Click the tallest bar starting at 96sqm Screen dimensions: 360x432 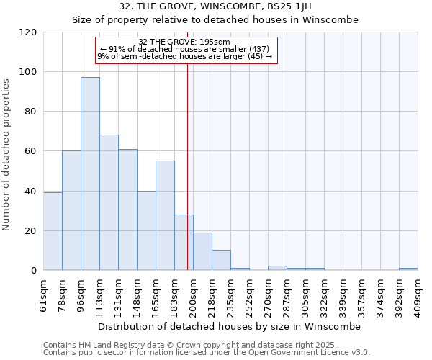(x=90, y=174)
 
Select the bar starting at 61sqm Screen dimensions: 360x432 (x=53, y=231)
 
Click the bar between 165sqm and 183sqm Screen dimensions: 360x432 (x=165, y=215)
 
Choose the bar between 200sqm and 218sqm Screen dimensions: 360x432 (x=202, y=251)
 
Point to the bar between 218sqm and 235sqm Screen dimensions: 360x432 (x=221, y=260)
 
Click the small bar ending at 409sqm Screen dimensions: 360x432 (x=408, y=269)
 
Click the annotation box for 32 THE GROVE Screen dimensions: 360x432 (x=186, y=49)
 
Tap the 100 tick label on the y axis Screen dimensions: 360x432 (x=28, y=72)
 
